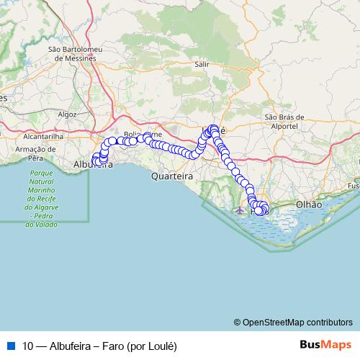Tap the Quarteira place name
[171, 176]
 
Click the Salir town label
[202, 64]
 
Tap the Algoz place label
[67, 114]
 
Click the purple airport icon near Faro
[240, 210]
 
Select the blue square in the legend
[10, 345]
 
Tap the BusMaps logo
[325, 344]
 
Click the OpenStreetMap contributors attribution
[298, 322]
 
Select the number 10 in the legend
[27, 345]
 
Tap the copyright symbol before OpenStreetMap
[238, 322]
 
